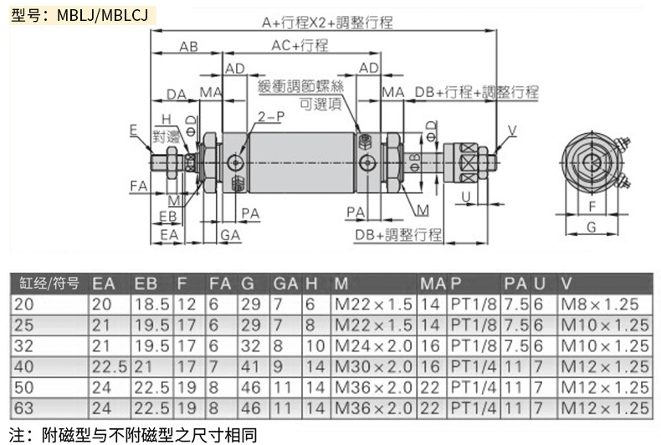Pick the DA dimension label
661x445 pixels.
click(177, 93)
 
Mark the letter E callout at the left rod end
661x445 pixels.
click(134, 129)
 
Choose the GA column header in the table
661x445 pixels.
click(284, 283)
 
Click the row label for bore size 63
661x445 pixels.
click(24, 407)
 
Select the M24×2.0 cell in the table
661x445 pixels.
click(373, 345)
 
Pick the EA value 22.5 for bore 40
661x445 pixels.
click(109, 366)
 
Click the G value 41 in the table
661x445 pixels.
click(249, 366)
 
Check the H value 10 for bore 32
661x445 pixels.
click(313, 345)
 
